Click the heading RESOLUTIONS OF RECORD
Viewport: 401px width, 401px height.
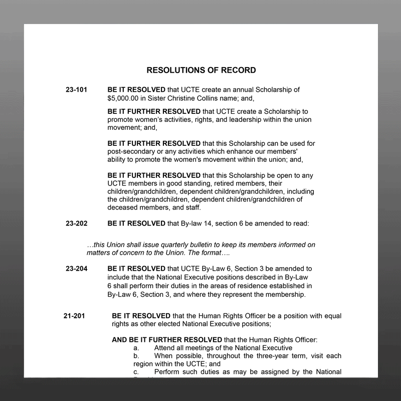click(201, 70)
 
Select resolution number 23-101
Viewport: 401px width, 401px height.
click(76, 90)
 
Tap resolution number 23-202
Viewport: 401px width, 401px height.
click(76, 224)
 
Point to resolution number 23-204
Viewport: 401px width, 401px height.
click(76, 269)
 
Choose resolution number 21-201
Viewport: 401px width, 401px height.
click(74, 316)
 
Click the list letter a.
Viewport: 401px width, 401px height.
click(135, 348)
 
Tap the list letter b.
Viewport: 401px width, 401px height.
click(135, 356)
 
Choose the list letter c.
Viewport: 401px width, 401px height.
click(135, 372)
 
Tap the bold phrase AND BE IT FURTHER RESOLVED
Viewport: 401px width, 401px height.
click(167, 340)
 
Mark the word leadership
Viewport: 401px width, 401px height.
click(238, 120)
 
